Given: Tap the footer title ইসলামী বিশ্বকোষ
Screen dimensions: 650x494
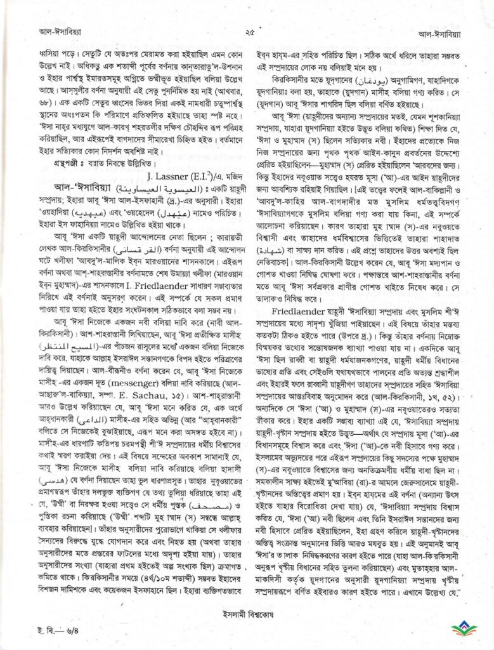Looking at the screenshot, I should pyautogui.click(x=247, y=617).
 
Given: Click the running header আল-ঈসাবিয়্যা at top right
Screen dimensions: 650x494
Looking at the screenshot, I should pyautogui.click(x=452, y=30).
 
